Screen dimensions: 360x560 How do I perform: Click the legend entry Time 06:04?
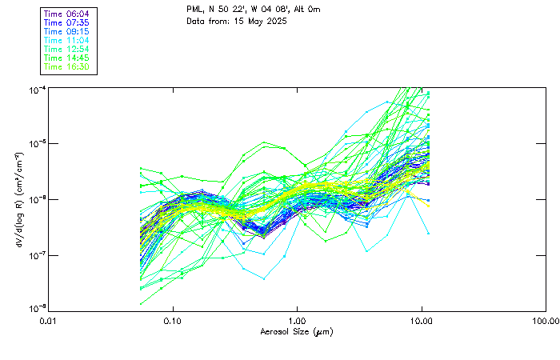coord(67,14)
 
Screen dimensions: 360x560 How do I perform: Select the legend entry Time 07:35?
coord(67,23)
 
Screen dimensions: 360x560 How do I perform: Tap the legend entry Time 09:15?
coord(67,32)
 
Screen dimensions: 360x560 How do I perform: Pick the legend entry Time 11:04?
coord(67,41)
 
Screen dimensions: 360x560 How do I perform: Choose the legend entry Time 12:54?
coord(67,50)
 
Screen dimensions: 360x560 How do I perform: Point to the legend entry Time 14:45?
coord(67,58)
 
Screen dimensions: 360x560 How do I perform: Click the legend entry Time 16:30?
coord(67,67)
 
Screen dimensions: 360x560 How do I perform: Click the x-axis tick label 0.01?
coord(49,320)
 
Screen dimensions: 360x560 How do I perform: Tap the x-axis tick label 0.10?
coord(173,320)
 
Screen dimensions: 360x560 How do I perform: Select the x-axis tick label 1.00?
coord(298,320)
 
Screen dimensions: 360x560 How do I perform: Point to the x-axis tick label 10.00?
coord(422,320)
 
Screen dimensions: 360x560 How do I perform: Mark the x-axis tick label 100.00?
coord(544,320)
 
